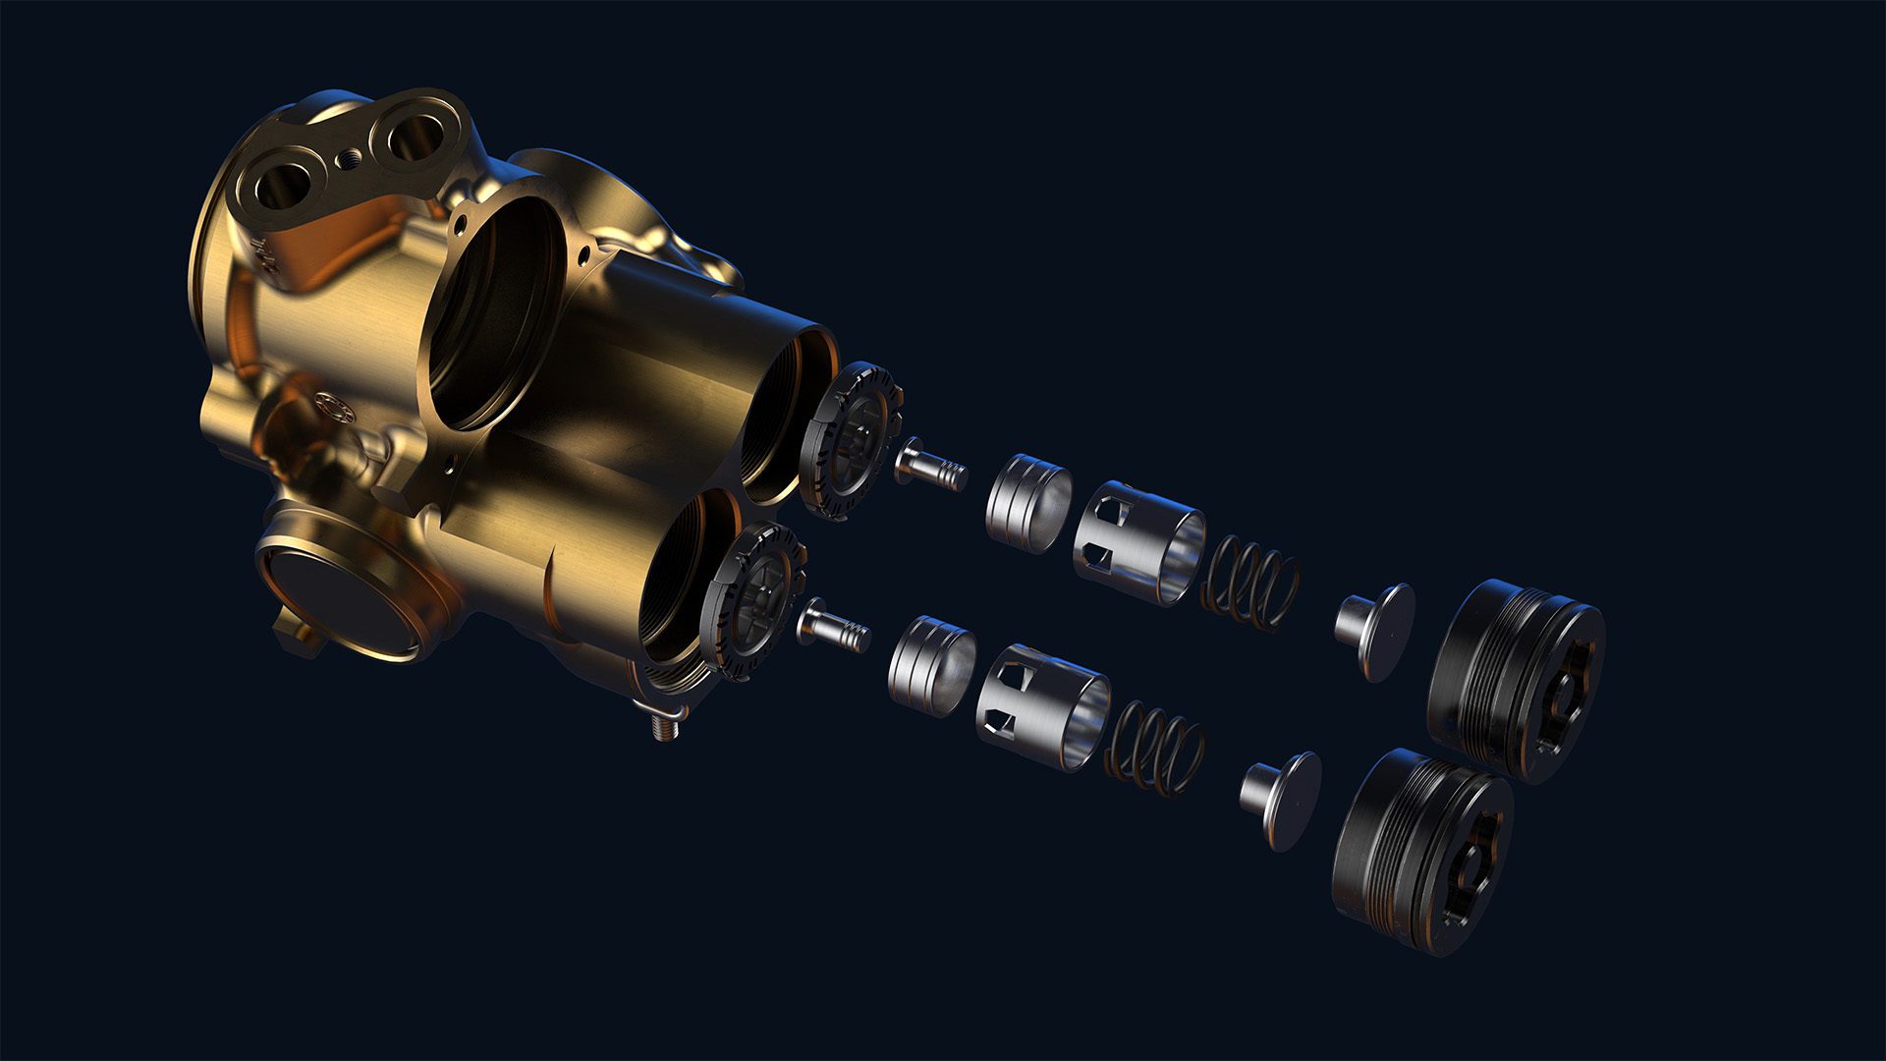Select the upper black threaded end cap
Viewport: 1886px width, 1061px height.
click(1515, 679)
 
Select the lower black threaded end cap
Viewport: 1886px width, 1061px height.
click(1421, 848)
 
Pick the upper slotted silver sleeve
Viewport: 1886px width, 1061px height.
click(1139, 541)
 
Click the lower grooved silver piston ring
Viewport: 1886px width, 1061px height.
click(932, 665)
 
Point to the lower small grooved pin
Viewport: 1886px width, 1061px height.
click(834, 626)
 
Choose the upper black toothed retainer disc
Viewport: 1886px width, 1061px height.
click(851, 438)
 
